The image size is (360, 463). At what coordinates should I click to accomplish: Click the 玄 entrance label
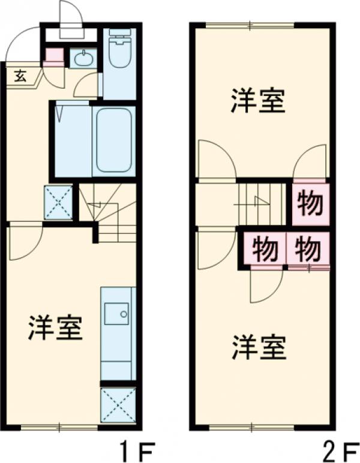[20, 76]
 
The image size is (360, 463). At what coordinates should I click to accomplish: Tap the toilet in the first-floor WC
[119, 51]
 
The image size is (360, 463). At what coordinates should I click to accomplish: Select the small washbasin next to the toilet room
[82, 59]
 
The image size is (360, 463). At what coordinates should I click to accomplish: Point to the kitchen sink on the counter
[116, 313]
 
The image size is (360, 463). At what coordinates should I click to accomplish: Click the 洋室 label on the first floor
[55, 327]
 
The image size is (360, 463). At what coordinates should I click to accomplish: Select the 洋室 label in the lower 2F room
[259, 347]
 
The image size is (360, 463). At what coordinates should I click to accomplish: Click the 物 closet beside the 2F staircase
[310, 204]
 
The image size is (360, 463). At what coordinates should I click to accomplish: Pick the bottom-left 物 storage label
[264, 248]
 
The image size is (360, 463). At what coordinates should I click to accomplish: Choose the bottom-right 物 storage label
[308, 248]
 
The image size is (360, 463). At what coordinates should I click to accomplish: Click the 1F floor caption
[137, 448]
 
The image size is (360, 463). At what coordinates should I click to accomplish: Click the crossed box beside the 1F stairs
[59, 203]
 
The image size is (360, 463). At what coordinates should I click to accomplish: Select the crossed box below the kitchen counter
[118, 405]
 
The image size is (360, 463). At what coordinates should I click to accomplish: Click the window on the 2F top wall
[250, 25]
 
